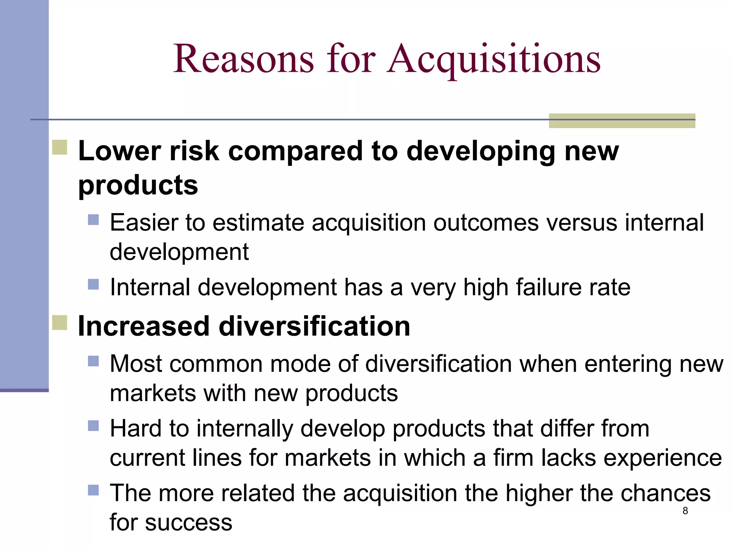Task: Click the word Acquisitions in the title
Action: pyautogui.click(x=494, y=59)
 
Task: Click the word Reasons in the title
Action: pyautogui.click(x=244, y=59)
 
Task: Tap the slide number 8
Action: pyautogui.click(x=685, y=511)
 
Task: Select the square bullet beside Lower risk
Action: pyautogui.click(x=60, y=147)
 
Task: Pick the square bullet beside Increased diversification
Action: pyautogui.click(x=60, y=322)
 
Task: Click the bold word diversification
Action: pyautogui.click(x=315, y=326)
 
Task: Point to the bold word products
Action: pyautogui.click(x=138, y=186)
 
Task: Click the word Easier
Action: pyautogui.click(x=144, y=223)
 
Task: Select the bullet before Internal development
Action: pyautogui.click(x=93, y=285)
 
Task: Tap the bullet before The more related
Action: pyautogui.click(x=93, y=490)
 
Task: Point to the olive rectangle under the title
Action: pyautogui.click(x=622, y=121)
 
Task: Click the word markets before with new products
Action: pyautogui.click(x=153, y=393)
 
